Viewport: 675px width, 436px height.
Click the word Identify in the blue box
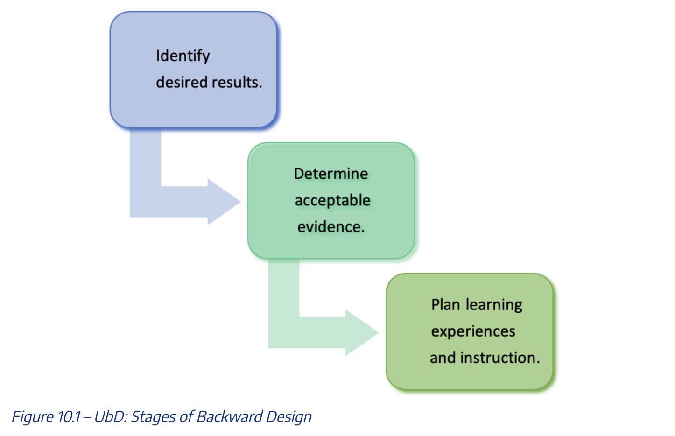pyautogui.click(x=183, y=56)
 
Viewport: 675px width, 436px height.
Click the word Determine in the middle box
pyautogui.click(x=331, y=174)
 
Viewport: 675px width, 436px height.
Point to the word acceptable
pyautogui.click(x=332, y=200)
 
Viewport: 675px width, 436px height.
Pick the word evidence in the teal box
pyautogui.click(x=330, y=227)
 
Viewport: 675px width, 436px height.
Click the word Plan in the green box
pyautogui.click(x=445, y=304)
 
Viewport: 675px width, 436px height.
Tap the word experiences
pyautogui.click(x=473, y=331)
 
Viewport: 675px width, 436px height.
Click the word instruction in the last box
pyautogui.click(x=499, y=358)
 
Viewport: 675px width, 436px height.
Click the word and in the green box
pyautogui.click(x=443, y=358)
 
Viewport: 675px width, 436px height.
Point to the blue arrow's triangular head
pyautogui.click(x=223, y=202)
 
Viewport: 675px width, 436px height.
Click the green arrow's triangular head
pyautogui.click(x=360, y=332)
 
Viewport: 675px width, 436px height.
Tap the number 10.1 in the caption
pyautogui.click(x=69, y=416)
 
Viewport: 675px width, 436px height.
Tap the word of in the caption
pyautogui.click(x=187, y=416)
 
